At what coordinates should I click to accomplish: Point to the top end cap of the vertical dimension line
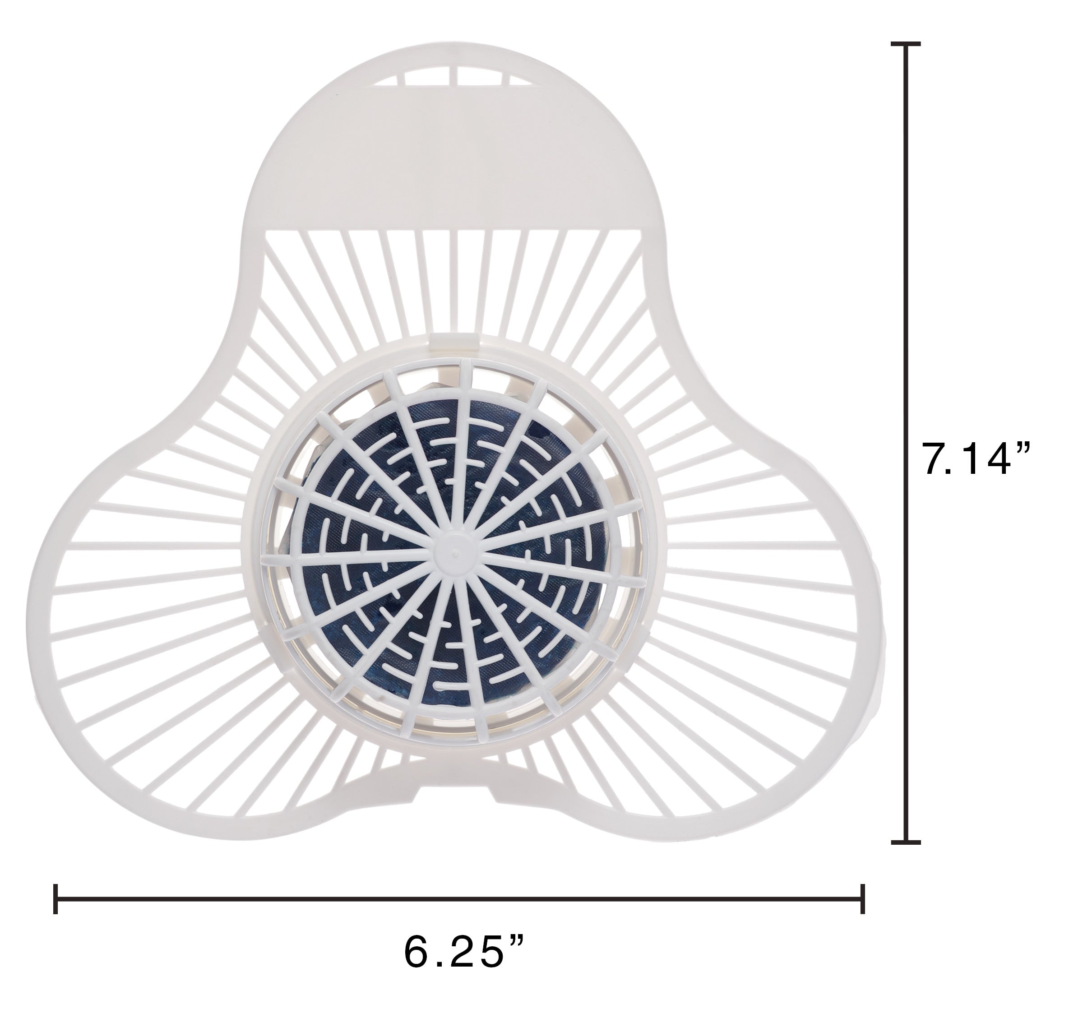[905, 44]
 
